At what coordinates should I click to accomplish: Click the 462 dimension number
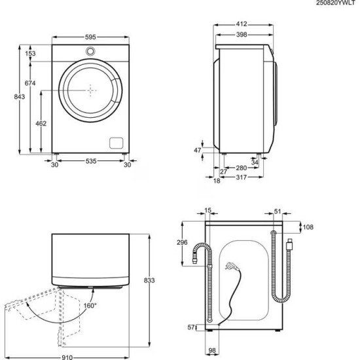point(40,122)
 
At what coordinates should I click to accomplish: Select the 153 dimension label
point(30,54)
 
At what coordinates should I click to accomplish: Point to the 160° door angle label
point(89,306)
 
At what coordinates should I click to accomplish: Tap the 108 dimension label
point(308,227)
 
